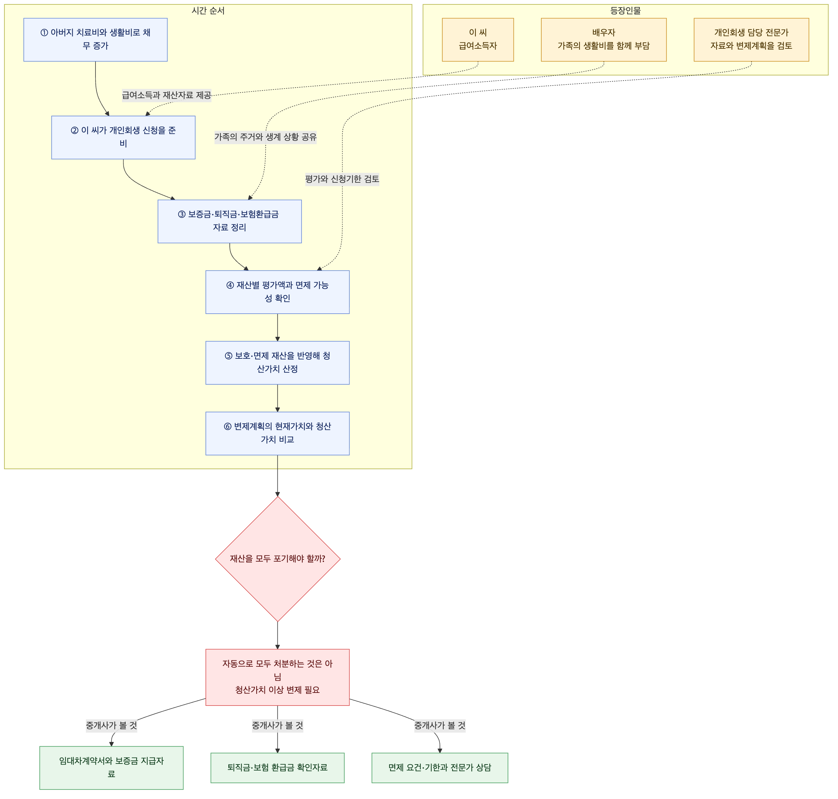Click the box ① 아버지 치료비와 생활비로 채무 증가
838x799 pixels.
pyautogui.click(x=95, y=39)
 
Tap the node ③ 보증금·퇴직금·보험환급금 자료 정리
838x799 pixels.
pyautogui.click(x=229, y=221)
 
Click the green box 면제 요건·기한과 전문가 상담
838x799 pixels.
pyautogui.click(x=440, y=768)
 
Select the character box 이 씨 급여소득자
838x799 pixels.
pyautogui.click(x=478, y=39)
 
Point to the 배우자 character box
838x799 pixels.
pyautogui.click(x=604, y=39)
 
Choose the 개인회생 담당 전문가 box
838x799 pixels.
pyautogui.click(x=751, y=39)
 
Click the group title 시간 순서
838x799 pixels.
pyautogui.click(x=208, y=11)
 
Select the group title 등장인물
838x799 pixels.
pyautogui.click(x=626, y=11)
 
